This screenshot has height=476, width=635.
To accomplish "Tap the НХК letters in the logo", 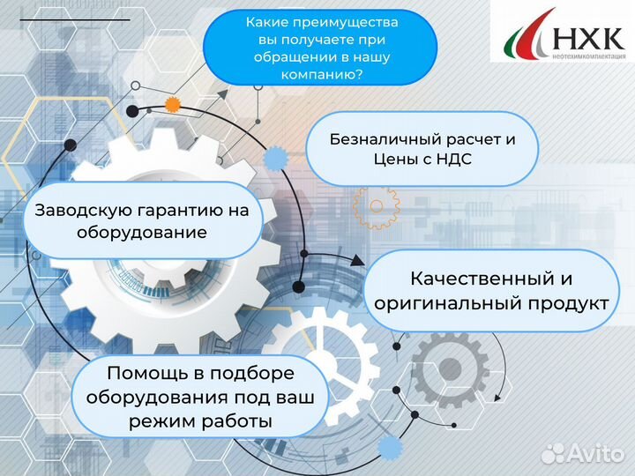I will (588, 38).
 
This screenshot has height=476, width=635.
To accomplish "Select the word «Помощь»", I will (142, 372).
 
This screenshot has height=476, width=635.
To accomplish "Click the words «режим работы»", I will (200, 421).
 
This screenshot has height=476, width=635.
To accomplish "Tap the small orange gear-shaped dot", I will (173, 104).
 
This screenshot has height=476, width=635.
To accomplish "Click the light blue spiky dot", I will (276, 159).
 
